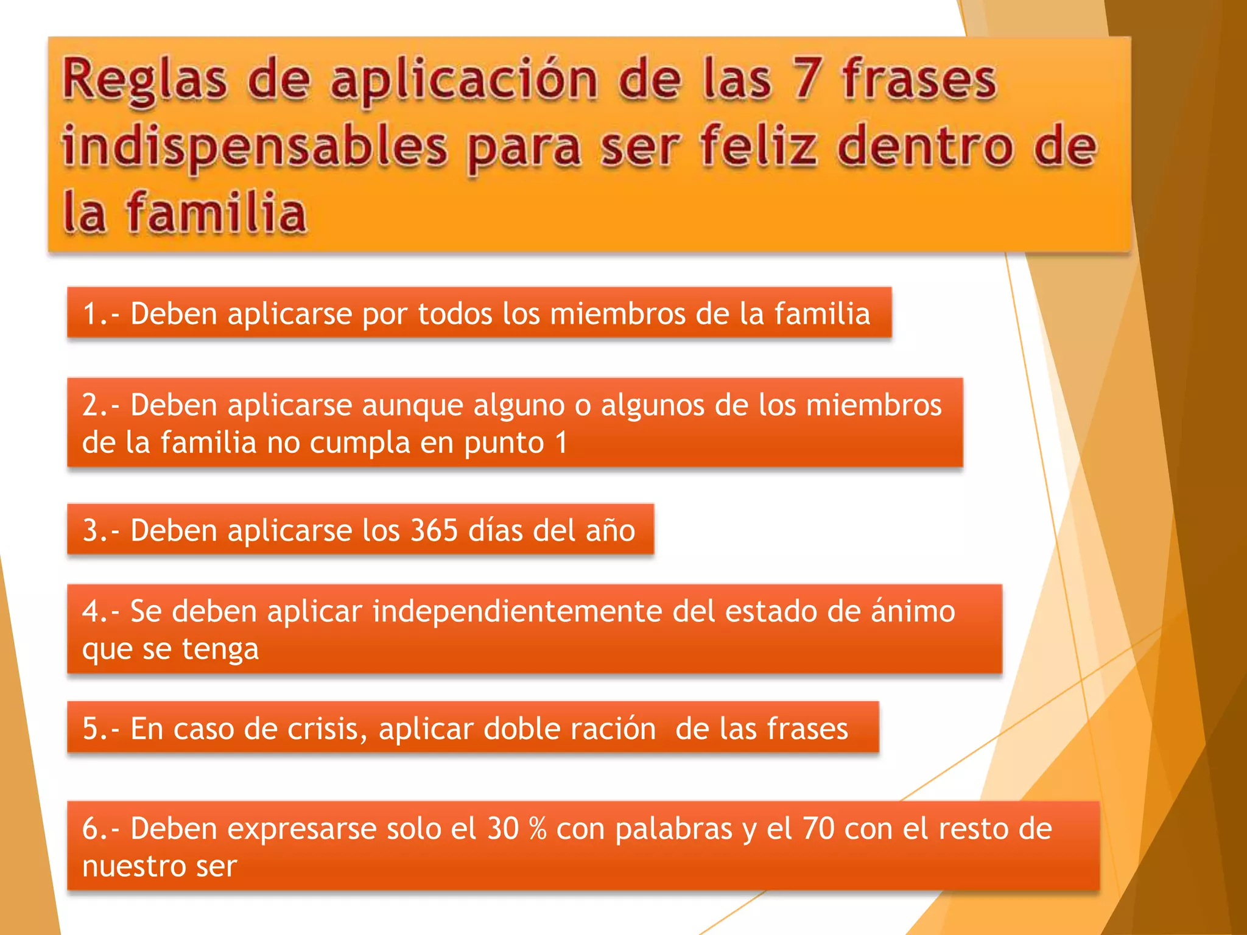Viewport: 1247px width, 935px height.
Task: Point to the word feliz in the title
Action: tap(757, 146)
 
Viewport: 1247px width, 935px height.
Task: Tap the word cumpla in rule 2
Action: tap(359, 443)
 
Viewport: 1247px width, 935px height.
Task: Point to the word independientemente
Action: tap(517, 611)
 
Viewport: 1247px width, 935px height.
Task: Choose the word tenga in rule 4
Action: tap(220, 650)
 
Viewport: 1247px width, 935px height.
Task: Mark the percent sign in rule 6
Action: tap(538, 829)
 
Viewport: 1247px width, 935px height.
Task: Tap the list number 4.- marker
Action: tap(100, 611)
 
